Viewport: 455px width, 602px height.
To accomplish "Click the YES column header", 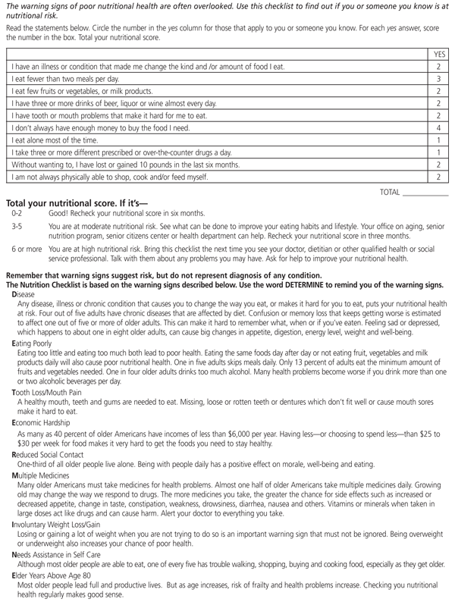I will coord(438,55).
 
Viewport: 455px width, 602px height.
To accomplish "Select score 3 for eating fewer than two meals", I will coord(438,78).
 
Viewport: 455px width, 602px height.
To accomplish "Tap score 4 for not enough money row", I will coord(438,127).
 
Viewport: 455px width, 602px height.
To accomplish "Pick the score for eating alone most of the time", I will coord(438,140).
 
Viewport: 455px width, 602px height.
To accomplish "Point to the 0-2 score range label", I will coord(17,214).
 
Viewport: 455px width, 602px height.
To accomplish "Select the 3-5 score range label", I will coord(17,226).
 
